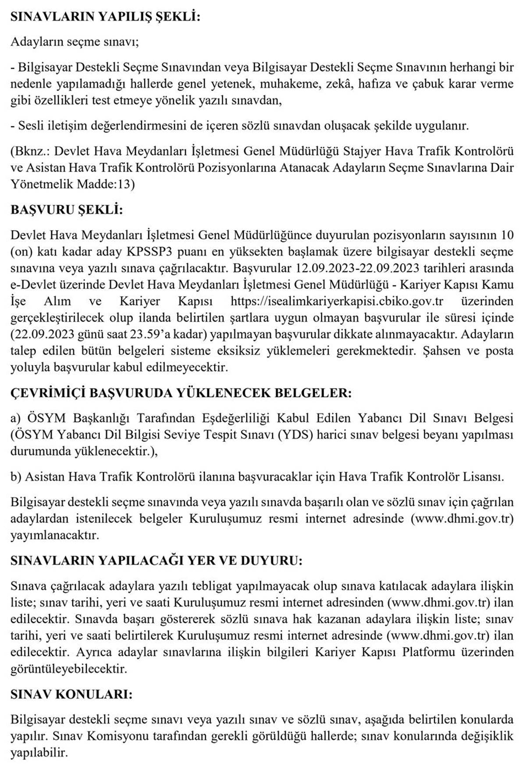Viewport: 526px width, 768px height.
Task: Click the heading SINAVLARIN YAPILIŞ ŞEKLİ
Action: point(105,17)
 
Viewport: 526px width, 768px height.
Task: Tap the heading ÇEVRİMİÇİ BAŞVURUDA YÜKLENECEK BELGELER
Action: point(181,393)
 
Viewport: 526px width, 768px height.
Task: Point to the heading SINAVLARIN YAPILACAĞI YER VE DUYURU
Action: point(156,561)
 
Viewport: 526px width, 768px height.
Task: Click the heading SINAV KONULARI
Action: point(71,694)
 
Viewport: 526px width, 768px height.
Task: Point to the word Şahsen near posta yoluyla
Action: point(446,352)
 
